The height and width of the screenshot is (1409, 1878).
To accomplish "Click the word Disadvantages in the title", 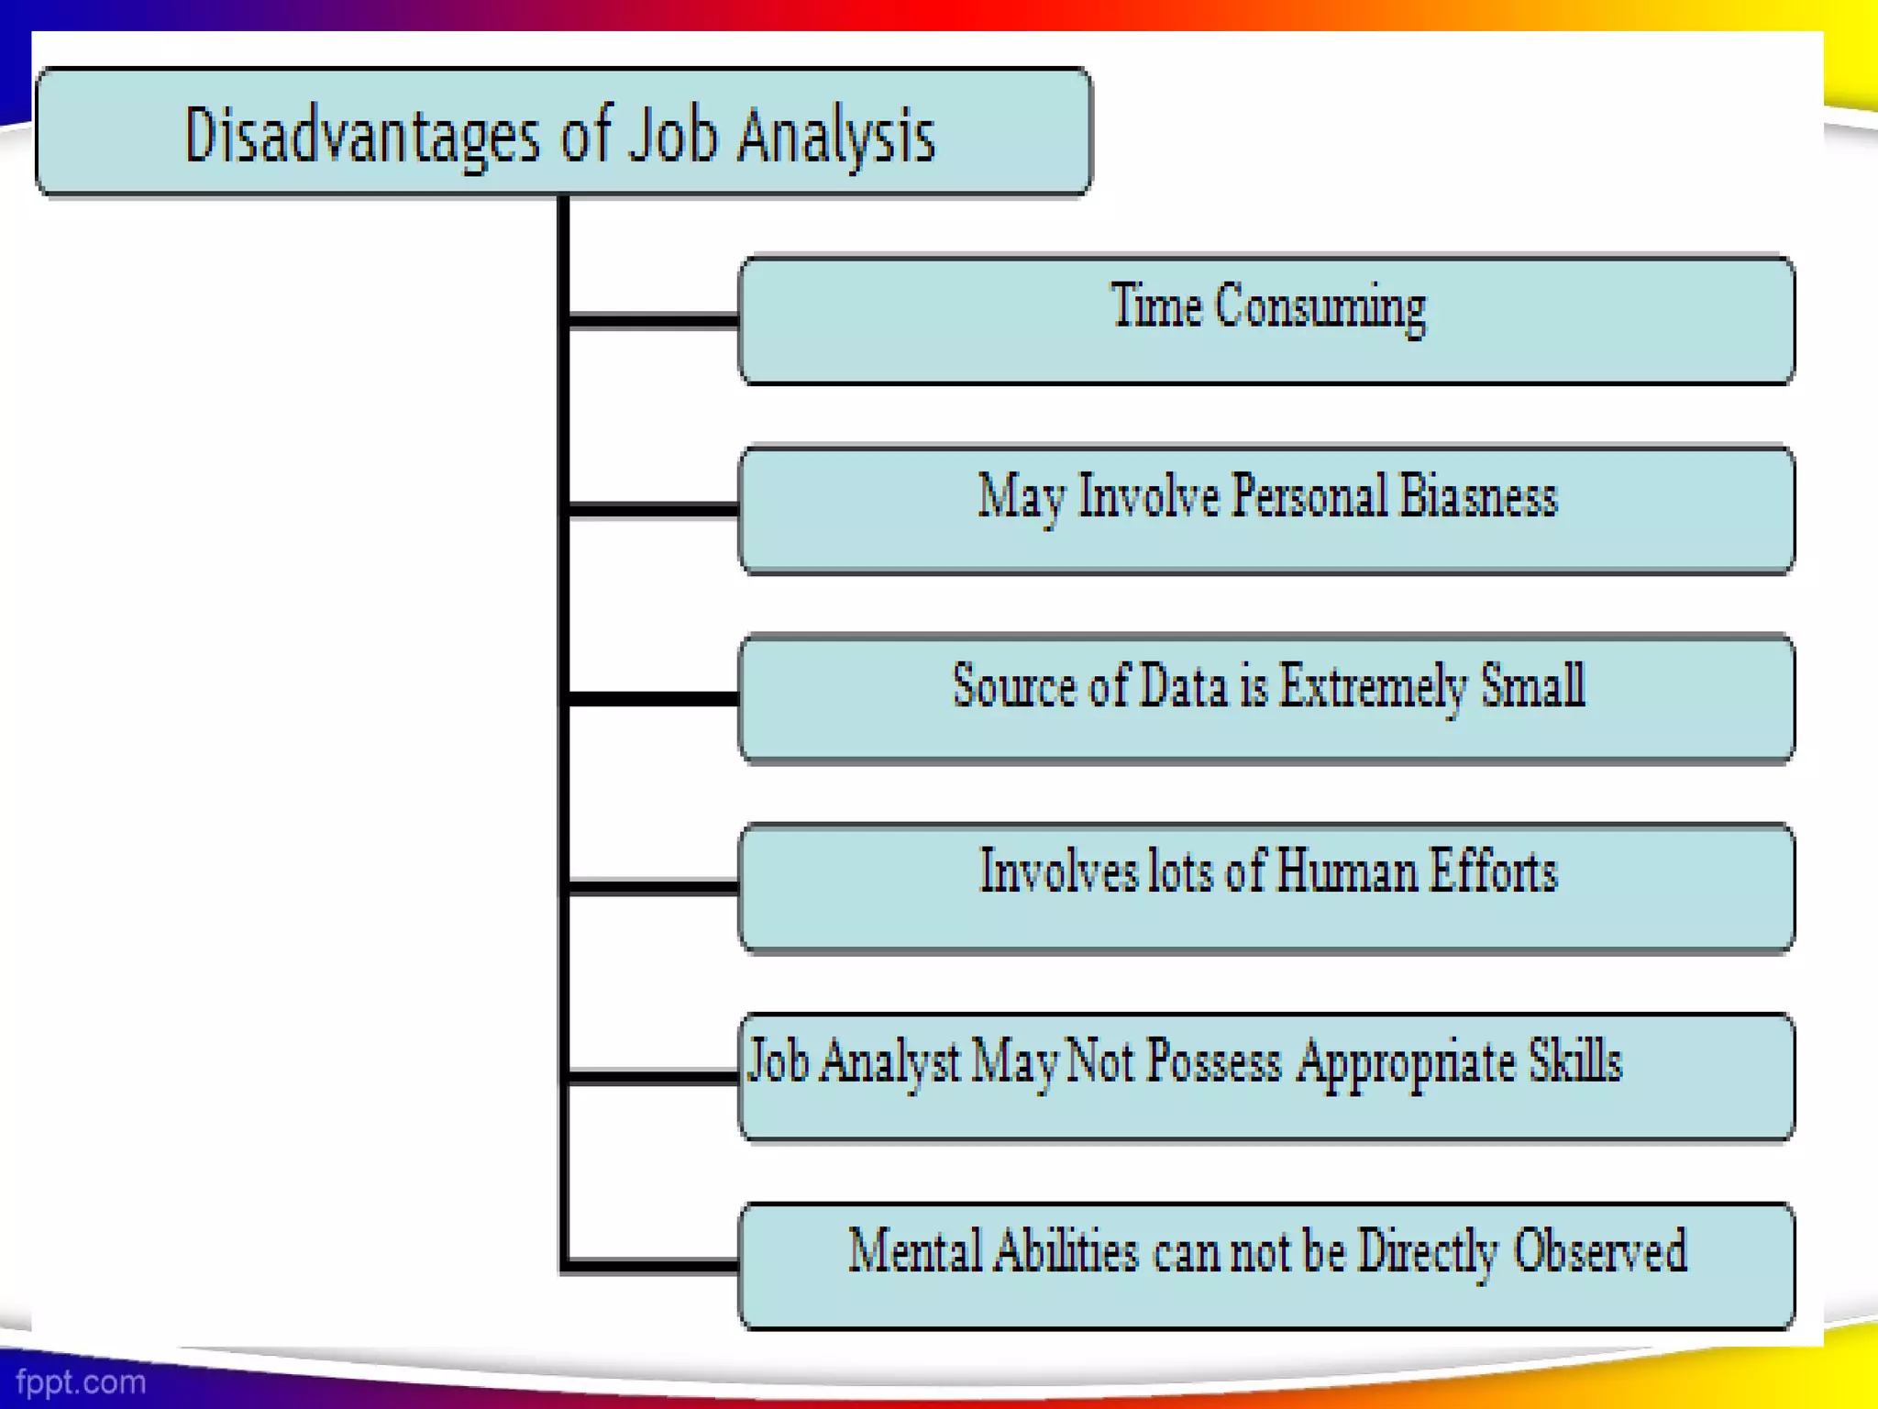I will click(362, 136).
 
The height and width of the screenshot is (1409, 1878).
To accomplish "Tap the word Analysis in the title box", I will click(835, 136).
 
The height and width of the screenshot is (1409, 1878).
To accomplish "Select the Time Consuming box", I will click(1266, 319).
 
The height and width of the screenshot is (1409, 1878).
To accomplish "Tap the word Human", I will click(1345, 871).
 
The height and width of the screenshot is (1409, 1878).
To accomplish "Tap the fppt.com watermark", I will click(81, 1381).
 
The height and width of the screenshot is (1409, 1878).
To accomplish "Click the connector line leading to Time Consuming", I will click(653, 320).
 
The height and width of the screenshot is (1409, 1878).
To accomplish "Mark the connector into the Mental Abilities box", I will click(653, 1266).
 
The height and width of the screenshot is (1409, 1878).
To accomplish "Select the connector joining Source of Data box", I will click(653, 699).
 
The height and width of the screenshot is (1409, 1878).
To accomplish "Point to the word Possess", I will click(1213, 1062).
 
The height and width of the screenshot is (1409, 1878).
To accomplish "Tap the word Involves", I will click(1057, 871).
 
